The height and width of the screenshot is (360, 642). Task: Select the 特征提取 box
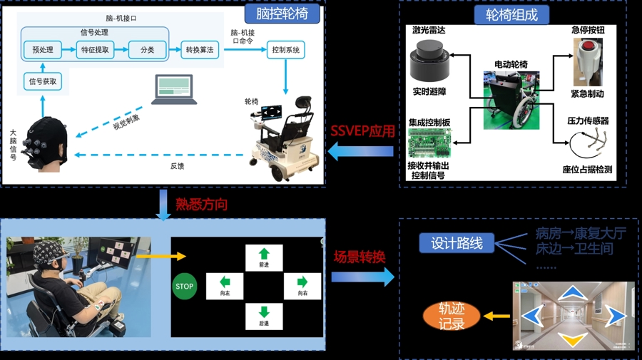(x=95, y=50)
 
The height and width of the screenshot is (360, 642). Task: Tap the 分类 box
(x=147, y=50)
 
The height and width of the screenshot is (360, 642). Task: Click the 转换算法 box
(x=200, y=50)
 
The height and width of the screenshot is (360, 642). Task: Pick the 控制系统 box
(x=286, y=50)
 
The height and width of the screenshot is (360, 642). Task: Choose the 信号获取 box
(x=43, y=82)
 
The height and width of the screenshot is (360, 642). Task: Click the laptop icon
(x=174, y=90)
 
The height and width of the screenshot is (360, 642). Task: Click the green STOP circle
(x=184, y=287)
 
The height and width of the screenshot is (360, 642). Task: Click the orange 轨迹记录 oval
(x=452, y=316)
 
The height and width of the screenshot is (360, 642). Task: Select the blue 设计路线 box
(x=457, y=243)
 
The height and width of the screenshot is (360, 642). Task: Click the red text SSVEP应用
(x=362, y=131)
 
